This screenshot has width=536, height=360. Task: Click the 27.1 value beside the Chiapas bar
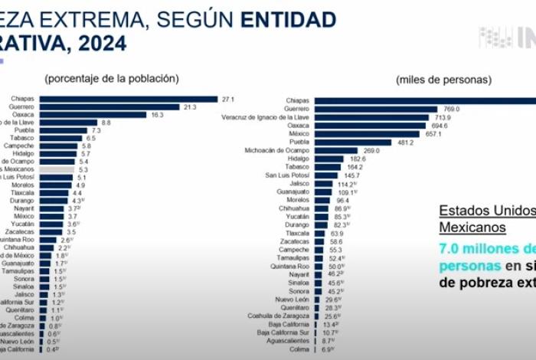(x=227, y=99)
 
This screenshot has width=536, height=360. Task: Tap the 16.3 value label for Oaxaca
(x=157, y=115)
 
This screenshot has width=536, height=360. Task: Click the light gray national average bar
(x=57, y=169)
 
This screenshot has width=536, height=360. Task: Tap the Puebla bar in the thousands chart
(x=352, y=142)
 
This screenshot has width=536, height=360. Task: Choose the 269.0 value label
(x=371, y=151)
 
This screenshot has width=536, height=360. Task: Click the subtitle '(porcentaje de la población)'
(x=112, y=78)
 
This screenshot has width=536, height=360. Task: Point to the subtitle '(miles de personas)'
(x=443, y=80)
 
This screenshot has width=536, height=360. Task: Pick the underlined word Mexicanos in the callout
(x=472, y=227)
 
